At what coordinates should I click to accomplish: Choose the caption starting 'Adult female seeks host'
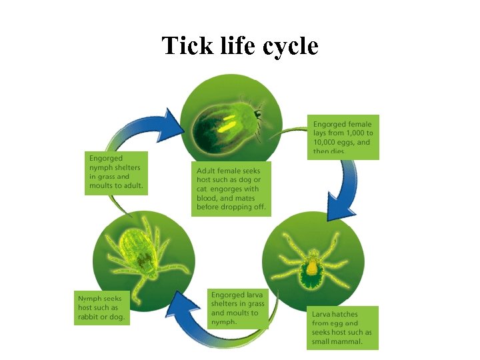click(x=231, y=189)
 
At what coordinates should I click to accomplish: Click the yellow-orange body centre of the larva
click(x=311, y=267)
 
